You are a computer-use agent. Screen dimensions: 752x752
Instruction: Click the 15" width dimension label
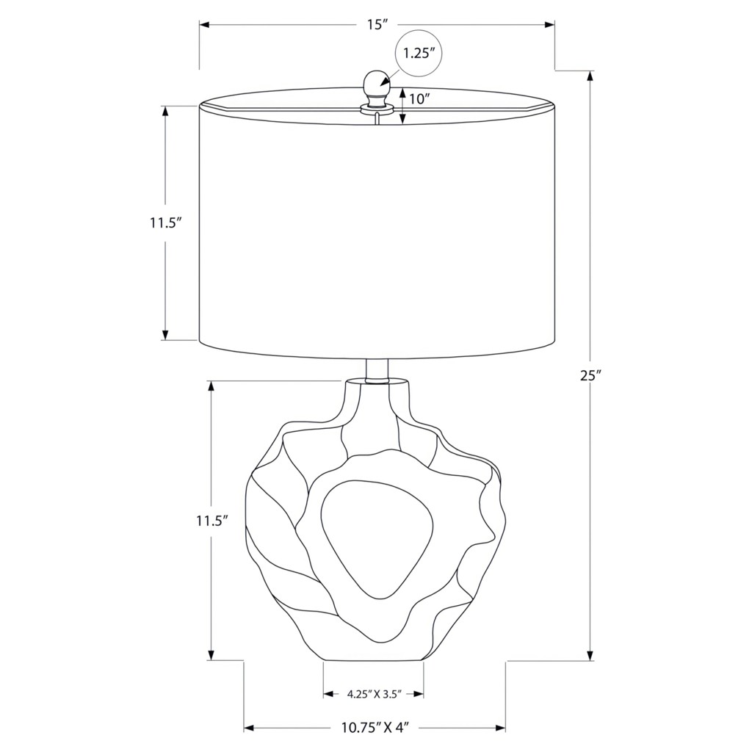(377, 25)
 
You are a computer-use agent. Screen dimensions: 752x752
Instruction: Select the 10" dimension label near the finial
(419, 99)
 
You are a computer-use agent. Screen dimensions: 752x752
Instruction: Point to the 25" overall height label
(591, 375)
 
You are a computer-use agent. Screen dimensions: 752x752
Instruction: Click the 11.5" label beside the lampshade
(166, 223)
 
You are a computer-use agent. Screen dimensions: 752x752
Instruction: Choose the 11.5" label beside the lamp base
(211, 521)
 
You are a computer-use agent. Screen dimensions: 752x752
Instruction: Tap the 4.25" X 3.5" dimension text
(374, 693)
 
